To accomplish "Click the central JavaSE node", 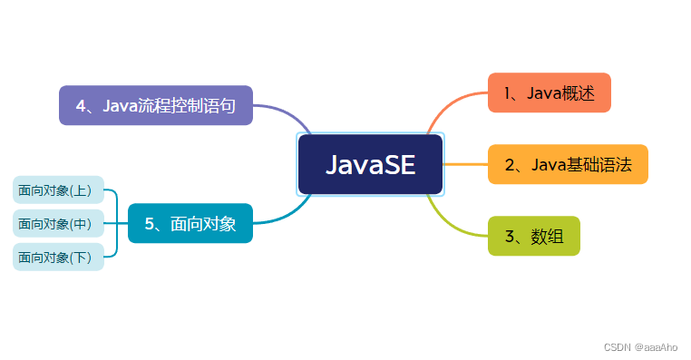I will point(370,164).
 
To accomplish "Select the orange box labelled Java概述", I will point(549,92).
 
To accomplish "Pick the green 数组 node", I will point(533,236).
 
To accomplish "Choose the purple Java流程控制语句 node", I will point(155,105).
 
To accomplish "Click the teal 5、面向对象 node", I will point(190,223).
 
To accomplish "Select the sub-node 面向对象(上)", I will point(59,190).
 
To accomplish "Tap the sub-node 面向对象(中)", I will point(59,223).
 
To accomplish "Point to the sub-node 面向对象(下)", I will point(59,257).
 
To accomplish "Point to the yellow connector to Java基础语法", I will point(465,164).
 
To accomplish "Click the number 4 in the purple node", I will point(82,106).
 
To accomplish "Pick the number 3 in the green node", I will point(511,237).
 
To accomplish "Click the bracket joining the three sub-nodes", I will point(116,223).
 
